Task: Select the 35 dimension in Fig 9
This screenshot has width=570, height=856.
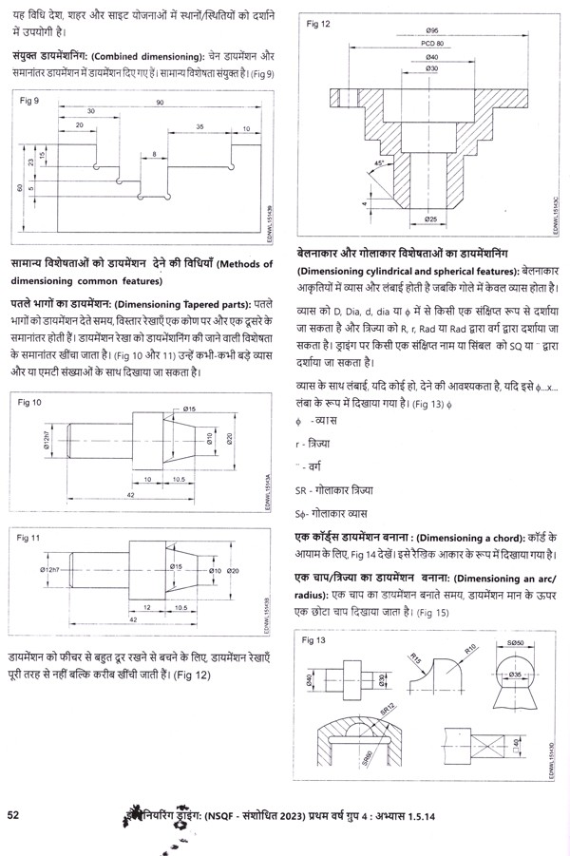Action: [x=200, y=125]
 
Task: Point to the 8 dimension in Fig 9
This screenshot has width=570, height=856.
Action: [x=154, y=153]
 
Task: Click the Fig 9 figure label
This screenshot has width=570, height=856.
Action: [x=29, y=100]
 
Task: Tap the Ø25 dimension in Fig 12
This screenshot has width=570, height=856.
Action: [x=429, y=220]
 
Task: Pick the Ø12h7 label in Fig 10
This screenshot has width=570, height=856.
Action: [x=46, y=440]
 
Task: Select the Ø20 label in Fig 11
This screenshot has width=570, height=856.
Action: [x=233, y=570]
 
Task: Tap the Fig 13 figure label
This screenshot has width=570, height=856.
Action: [x=314, y=641]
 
